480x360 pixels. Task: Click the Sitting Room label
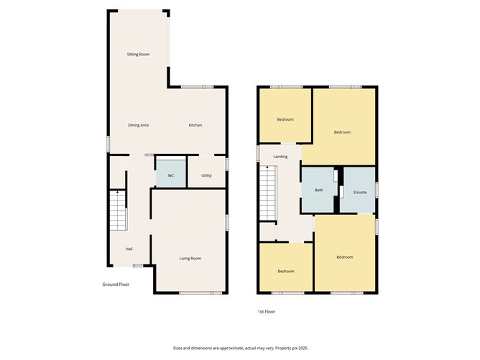[x=138, y=55]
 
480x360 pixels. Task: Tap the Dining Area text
[x=138, y=126]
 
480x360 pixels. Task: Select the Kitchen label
[x=195, y=126]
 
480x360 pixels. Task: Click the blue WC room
[x=170, y=175]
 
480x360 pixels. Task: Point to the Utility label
[x=206, y=175]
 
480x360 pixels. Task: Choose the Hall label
[x=129, y=249]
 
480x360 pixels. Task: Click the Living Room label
[x=190, y=259]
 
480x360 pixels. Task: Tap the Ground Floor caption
[x=115, y=285]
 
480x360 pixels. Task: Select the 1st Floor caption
[x=266, y=312]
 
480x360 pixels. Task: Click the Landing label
[x=280, y=157]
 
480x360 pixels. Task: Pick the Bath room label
[x=318, y=190]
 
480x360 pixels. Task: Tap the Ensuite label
[x=360, y=193]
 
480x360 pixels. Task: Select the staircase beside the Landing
[x=267, y=194]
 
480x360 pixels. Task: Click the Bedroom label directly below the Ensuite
[x=345, y=257]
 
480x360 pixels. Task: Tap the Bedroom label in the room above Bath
[x=342, y=132]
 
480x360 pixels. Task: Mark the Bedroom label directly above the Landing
[x=285, y=119]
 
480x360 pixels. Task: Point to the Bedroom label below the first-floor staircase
[x=286, y=271]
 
